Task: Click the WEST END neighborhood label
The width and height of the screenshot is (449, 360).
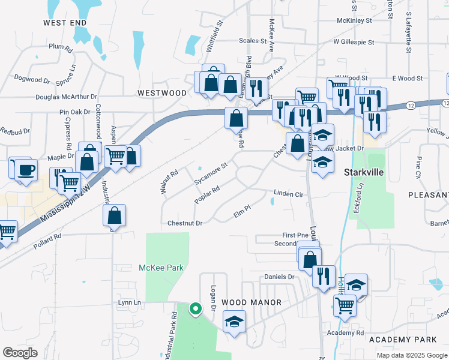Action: (65, 22)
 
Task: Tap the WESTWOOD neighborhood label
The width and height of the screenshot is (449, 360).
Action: (162, 93)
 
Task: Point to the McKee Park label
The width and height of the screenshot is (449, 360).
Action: (161, 268)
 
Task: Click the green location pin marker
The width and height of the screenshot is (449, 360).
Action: (195, 309)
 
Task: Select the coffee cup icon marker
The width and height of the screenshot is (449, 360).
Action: (25, 168)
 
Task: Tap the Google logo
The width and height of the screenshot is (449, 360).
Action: (20, 353)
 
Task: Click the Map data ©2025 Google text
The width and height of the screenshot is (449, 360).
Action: (412, 355)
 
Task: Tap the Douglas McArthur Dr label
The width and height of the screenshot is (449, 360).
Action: (66, 97)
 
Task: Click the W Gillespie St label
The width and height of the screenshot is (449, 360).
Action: (354, 43)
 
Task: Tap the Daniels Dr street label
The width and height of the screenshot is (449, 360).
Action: (279, 277)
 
